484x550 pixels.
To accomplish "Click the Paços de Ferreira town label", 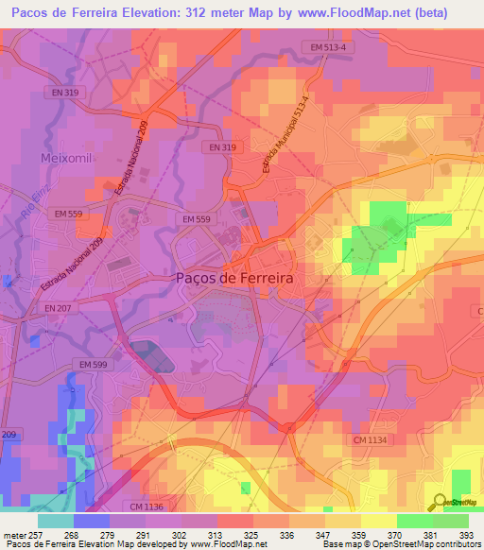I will click(x=233, y=279).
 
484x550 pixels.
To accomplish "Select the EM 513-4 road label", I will click(x=326, y=46).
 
